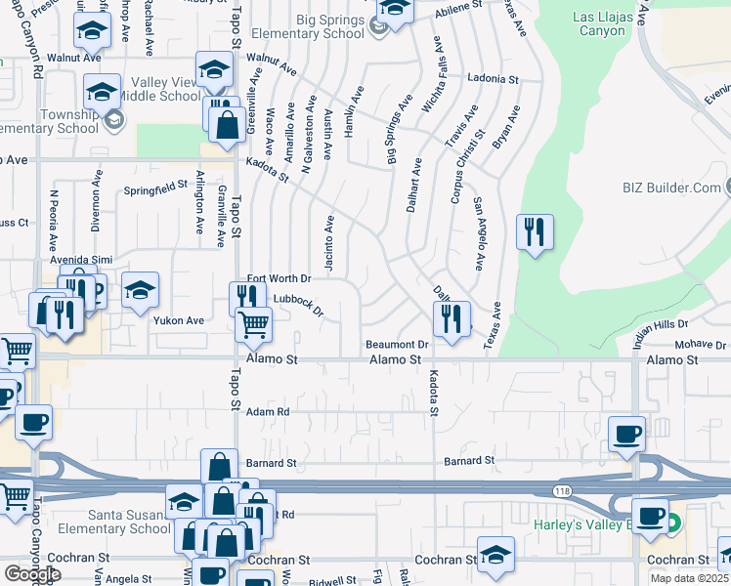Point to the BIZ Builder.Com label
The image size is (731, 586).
pyautogui.click(x=669, y=188)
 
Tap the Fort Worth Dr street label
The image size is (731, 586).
pyautogui.click(x=278, y=279)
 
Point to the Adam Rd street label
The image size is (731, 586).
pyautogui.click(x=269, y=412)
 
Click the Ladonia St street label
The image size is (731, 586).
pyautogui.click(x=492, y=77)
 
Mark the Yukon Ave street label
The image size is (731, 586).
pyautogui.click(x=178, y=320)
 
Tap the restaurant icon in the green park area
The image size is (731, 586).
pyautogui.click(x=534, y=232)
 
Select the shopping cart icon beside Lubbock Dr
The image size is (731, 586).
pyautogui.click(x=253, y=323)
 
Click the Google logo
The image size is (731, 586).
pyautogui.click(x=31, y=573)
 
